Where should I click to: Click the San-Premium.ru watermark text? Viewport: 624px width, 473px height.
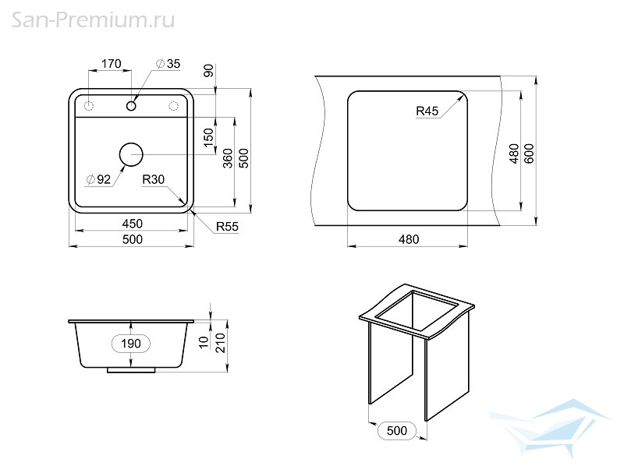(93, 20)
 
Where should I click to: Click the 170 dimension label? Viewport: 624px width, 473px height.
(111, 64)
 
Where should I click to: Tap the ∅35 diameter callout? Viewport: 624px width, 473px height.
(168, 64)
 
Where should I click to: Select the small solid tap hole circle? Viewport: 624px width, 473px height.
(131, 106)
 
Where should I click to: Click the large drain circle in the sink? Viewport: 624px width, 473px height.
(131, 154)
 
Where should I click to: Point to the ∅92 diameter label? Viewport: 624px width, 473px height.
(98, 179)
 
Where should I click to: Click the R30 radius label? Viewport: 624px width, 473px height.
(153, 180)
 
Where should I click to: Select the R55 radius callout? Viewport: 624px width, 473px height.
(227, 227)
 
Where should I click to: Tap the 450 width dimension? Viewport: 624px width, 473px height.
(132, 224)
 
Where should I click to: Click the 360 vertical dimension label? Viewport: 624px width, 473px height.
(228, 158)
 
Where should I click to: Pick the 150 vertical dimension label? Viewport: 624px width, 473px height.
(208, 137)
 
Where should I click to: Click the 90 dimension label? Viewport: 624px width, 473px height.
(208, 70)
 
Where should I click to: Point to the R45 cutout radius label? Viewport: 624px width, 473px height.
(427, 111)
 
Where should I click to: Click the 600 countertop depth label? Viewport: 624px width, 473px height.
(529, 154)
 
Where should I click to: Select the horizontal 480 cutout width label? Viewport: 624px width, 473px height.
(409, 239)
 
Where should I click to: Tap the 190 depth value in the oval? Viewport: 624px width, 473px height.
(131, 344)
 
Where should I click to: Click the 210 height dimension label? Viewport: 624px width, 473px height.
(221, 343)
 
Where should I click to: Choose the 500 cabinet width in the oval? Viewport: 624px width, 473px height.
(397, 430)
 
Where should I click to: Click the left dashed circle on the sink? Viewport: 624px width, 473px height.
(88, 106)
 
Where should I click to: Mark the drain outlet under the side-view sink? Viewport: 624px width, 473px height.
(131, 370)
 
